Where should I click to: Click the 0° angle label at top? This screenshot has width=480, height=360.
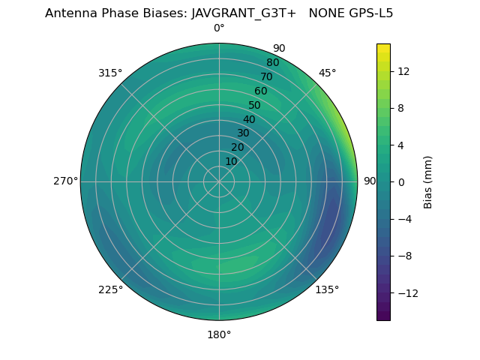click(219, 28)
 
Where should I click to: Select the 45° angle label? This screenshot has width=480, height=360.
click(327, 73)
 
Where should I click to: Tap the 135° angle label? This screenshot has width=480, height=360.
click(327, 289)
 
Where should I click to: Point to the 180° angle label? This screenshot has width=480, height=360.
click(219, 334)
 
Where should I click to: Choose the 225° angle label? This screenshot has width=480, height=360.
click(110, 289)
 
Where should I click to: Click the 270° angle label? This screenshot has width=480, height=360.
click(65, 181)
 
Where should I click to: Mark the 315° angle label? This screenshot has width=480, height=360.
click(110, 73)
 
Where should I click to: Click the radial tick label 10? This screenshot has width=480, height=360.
click(231, 161)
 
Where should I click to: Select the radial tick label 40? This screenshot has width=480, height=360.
click(249, 119)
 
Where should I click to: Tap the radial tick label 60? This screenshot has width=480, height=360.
click(261, 91)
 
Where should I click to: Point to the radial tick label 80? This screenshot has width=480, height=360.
click(272, 63)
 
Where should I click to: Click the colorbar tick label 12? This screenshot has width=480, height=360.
click(403, 71)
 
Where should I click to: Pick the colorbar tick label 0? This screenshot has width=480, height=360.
click(400, 182)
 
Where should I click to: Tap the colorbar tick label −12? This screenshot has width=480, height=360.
click(406, 293)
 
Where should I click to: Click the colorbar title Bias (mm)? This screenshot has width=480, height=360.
click(428, 182)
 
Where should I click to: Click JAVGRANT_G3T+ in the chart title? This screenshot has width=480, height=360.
click(244, 13)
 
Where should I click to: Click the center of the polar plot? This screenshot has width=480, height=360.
click(219, 181)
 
